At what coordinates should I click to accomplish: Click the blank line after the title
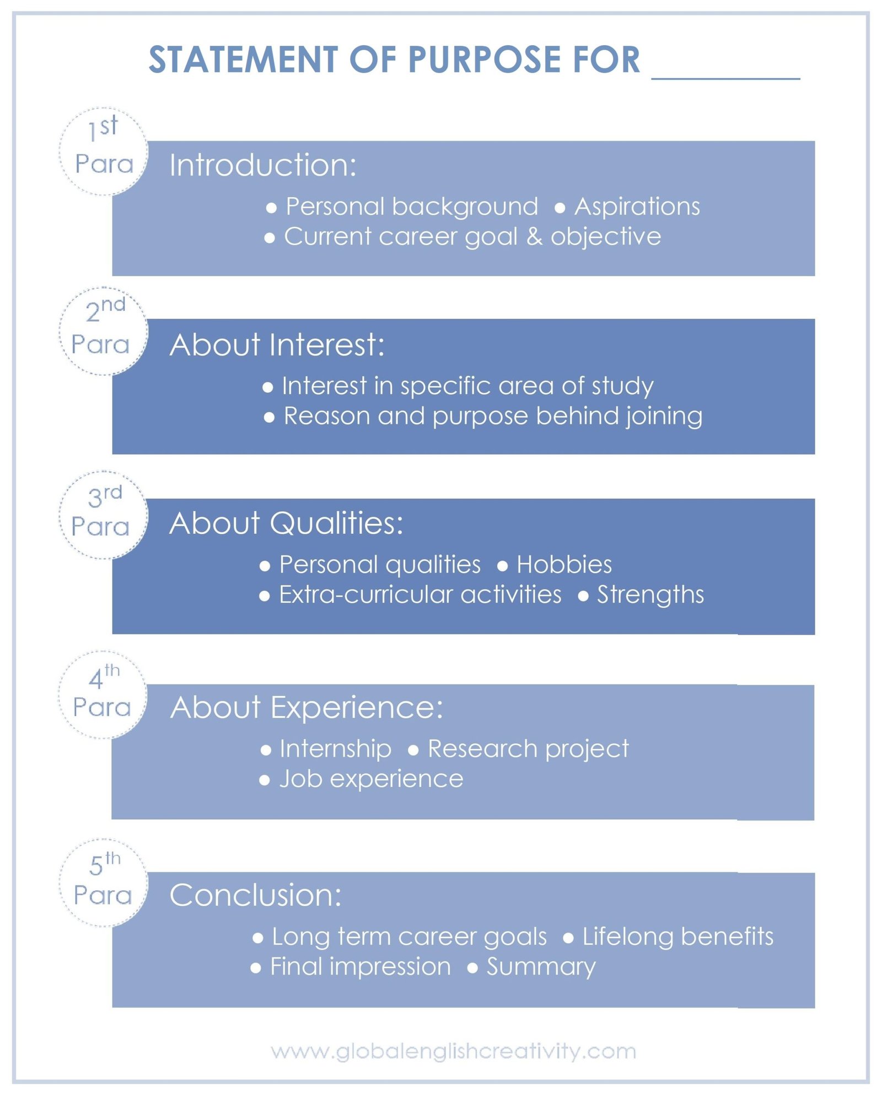click(725, 79)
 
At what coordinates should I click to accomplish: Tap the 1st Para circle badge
click(104, 151)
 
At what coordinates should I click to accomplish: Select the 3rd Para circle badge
click(104, 515)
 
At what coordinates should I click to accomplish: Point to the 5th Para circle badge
click(104, 883)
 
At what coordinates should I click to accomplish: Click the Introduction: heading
click(263, 165)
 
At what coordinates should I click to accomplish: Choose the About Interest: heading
click(277, 345)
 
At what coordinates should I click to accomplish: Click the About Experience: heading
click(306, 707)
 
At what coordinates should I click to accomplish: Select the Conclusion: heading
click(255, 895)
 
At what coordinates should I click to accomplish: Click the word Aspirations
click(637, 207)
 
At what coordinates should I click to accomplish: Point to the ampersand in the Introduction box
click(534, 237)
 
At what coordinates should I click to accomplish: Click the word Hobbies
click(564, 565)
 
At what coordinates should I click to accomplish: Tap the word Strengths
click(650, 595)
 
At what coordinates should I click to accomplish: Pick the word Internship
click(335, 749)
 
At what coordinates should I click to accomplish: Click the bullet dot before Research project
click(413, 750)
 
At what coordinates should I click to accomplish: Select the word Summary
click(541, 967)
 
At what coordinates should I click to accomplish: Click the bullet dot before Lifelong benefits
click(568, 938)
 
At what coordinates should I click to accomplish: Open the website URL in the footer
click(454, 1051)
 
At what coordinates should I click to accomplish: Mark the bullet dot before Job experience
click(265, 780)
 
